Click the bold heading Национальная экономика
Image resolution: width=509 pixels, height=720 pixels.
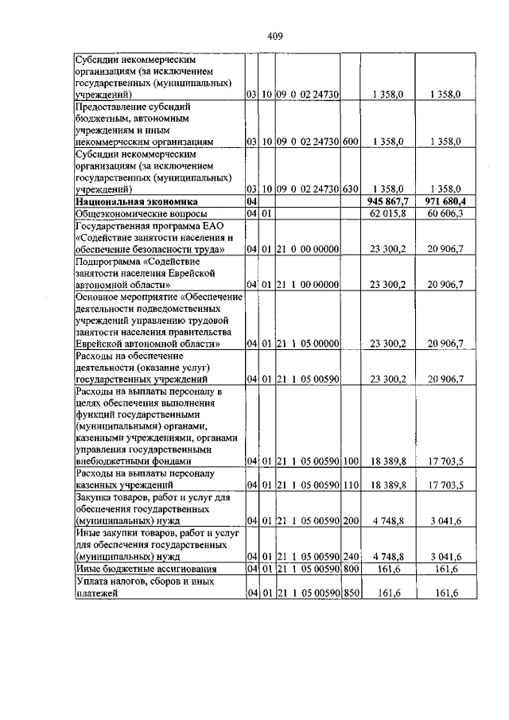[x=130, y=203]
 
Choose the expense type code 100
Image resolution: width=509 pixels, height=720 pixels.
[x=352, y=461]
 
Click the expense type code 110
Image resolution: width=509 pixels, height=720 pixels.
[x=352, y=484]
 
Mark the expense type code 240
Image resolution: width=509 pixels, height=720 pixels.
[x=352, y=558]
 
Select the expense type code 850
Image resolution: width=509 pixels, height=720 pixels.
[x=352, y=593]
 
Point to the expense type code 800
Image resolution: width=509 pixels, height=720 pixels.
[x=352, y=570]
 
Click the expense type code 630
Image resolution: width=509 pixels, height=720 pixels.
[x=352, y=190]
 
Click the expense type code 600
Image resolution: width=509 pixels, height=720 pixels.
[x=352, y=141]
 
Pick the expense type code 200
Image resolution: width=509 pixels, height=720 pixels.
[x=352, y=521]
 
